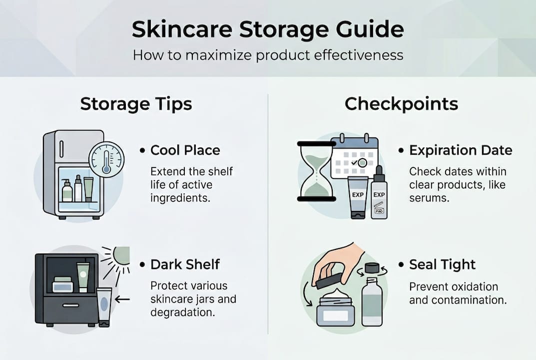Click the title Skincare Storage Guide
pyautogui.click(x=268, y=30)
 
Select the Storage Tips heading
pyautogui.click(x=136, y=104)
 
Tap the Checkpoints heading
pyautogui.click(x=401, y=104)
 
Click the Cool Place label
pyautogui.click(x=185, y=150)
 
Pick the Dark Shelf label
pyautogui.click(x=185, y=264)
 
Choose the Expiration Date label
pyautogui.click(x=460, y=150)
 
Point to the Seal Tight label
pyautogui.click(x=442, y=264)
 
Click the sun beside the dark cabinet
pyautogui.click(x=120, y=257)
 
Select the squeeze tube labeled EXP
pyautogui.click(x=358, y=197)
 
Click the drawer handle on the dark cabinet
pyautogui.click(x=70, y=305)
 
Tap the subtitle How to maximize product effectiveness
pyautogui.click(x=268, y=54)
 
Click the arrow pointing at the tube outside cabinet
pyautogui.click(x=122, y=299)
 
